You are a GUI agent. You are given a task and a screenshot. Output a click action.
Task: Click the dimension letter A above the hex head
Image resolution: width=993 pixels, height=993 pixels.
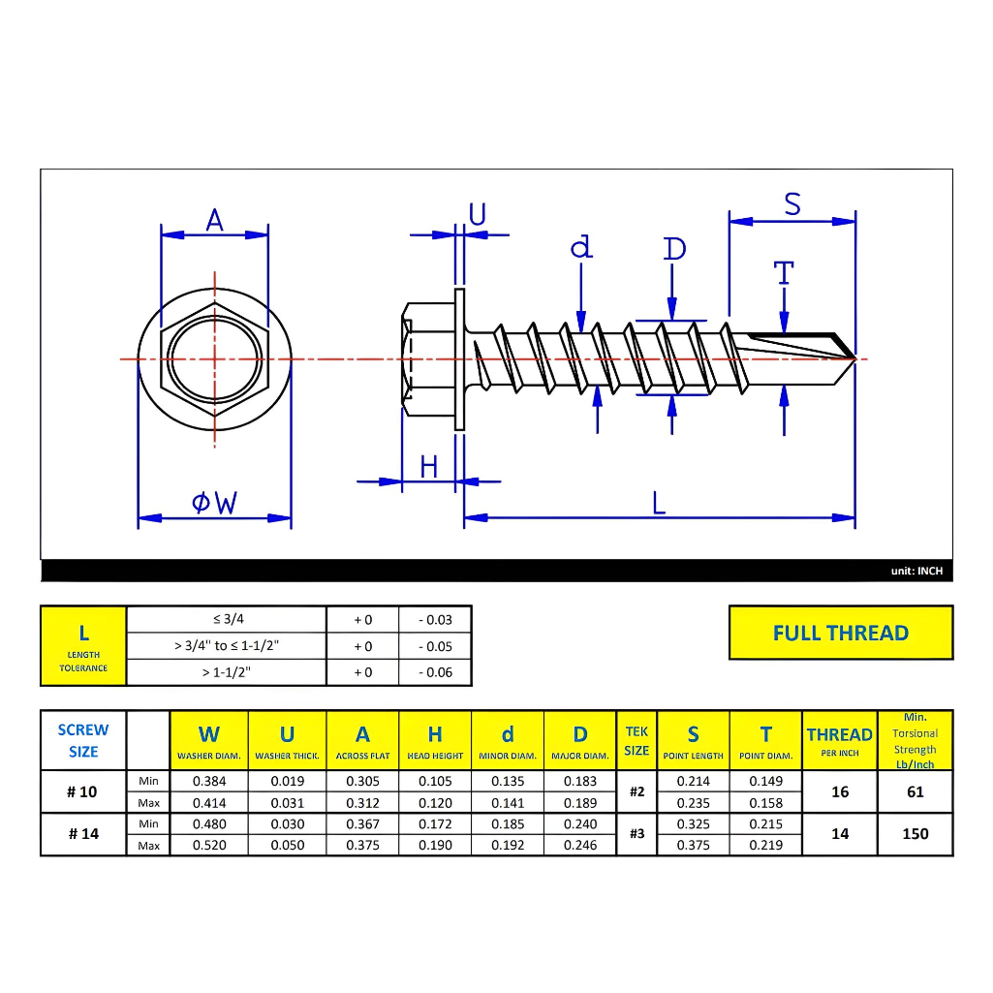pos(214,221)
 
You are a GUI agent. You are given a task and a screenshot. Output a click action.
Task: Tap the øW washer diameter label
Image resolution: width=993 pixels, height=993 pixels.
pos(214,503)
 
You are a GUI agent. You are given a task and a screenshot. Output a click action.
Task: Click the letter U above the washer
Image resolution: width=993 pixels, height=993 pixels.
pos(477,214)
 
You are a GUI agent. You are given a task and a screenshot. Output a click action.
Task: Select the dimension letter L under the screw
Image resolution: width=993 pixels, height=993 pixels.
pos(659,503)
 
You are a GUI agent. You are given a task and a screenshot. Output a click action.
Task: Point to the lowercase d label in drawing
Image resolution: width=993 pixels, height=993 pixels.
pos(580,248)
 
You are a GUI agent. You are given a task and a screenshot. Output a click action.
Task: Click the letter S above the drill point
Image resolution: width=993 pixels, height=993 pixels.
pos(792,204)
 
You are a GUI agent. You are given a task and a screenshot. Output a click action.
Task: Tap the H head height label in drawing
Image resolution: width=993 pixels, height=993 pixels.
pos(429,467)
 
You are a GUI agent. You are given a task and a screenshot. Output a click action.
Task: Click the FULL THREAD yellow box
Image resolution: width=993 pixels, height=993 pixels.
pos(840,633)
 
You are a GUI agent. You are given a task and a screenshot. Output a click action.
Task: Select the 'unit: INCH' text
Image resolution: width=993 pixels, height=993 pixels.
pos(915,571)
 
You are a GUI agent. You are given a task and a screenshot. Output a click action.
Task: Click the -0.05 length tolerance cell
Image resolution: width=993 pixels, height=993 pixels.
pos(434,646)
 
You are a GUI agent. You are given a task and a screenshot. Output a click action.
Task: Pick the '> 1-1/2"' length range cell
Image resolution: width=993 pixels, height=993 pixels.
pos(226,671)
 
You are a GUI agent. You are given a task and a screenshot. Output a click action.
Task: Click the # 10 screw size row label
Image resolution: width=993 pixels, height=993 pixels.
pos(82,791)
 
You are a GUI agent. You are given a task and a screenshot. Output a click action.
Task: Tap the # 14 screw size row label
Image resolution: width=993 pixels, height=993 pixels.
pos(82,834)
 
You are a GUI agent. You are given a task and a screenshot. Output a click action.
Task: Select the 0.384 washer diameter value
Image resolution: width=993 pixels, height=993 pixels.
pos(208,781)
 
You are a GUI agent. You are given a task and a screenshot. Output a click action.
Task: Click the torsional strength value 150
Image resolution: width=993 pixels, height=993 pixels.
pos(915,833)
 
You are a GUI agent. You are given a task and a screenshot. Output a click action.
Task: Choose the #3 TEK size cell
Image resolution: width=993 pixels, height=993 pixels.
pos(636,833)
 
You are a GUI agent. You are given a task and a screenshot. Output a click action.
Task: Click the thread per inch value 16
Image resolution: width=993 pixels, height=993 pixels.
pos(839,791)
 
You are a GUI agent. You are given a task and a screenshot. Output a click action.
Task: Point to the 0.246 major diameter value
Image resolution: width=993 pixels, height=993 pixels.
pos(579,845)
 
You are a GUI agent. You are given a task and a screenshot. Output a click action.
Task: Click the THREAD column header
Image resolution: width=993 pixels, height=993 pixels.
pos(839,735)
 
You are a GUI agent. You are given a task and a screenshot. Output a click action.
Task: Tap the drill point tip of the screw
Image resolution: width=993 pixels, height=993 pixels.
pos(854,358)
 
